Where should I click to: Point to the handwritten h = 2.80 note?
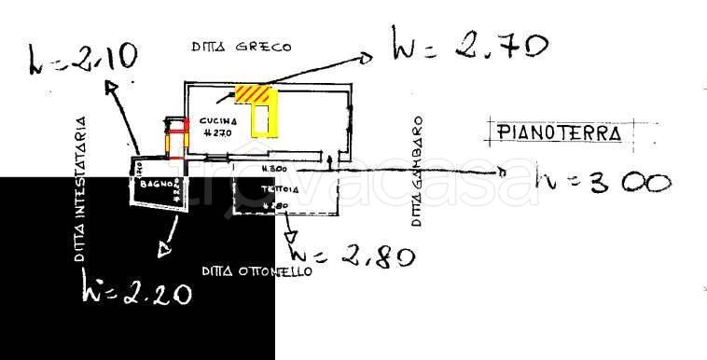coord(352,255)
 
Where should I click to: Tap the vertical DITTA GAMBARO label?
coord(418,172)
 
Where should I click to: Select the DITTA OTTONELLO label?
coord(256,271)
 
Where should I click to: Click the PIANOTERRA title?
coord(560,133)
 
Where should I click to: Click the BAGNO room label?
coord(153,184)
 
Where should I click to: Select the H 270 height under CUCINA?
coord(216,133)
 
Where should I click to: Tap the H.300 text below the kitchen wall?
coord(272,169)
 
